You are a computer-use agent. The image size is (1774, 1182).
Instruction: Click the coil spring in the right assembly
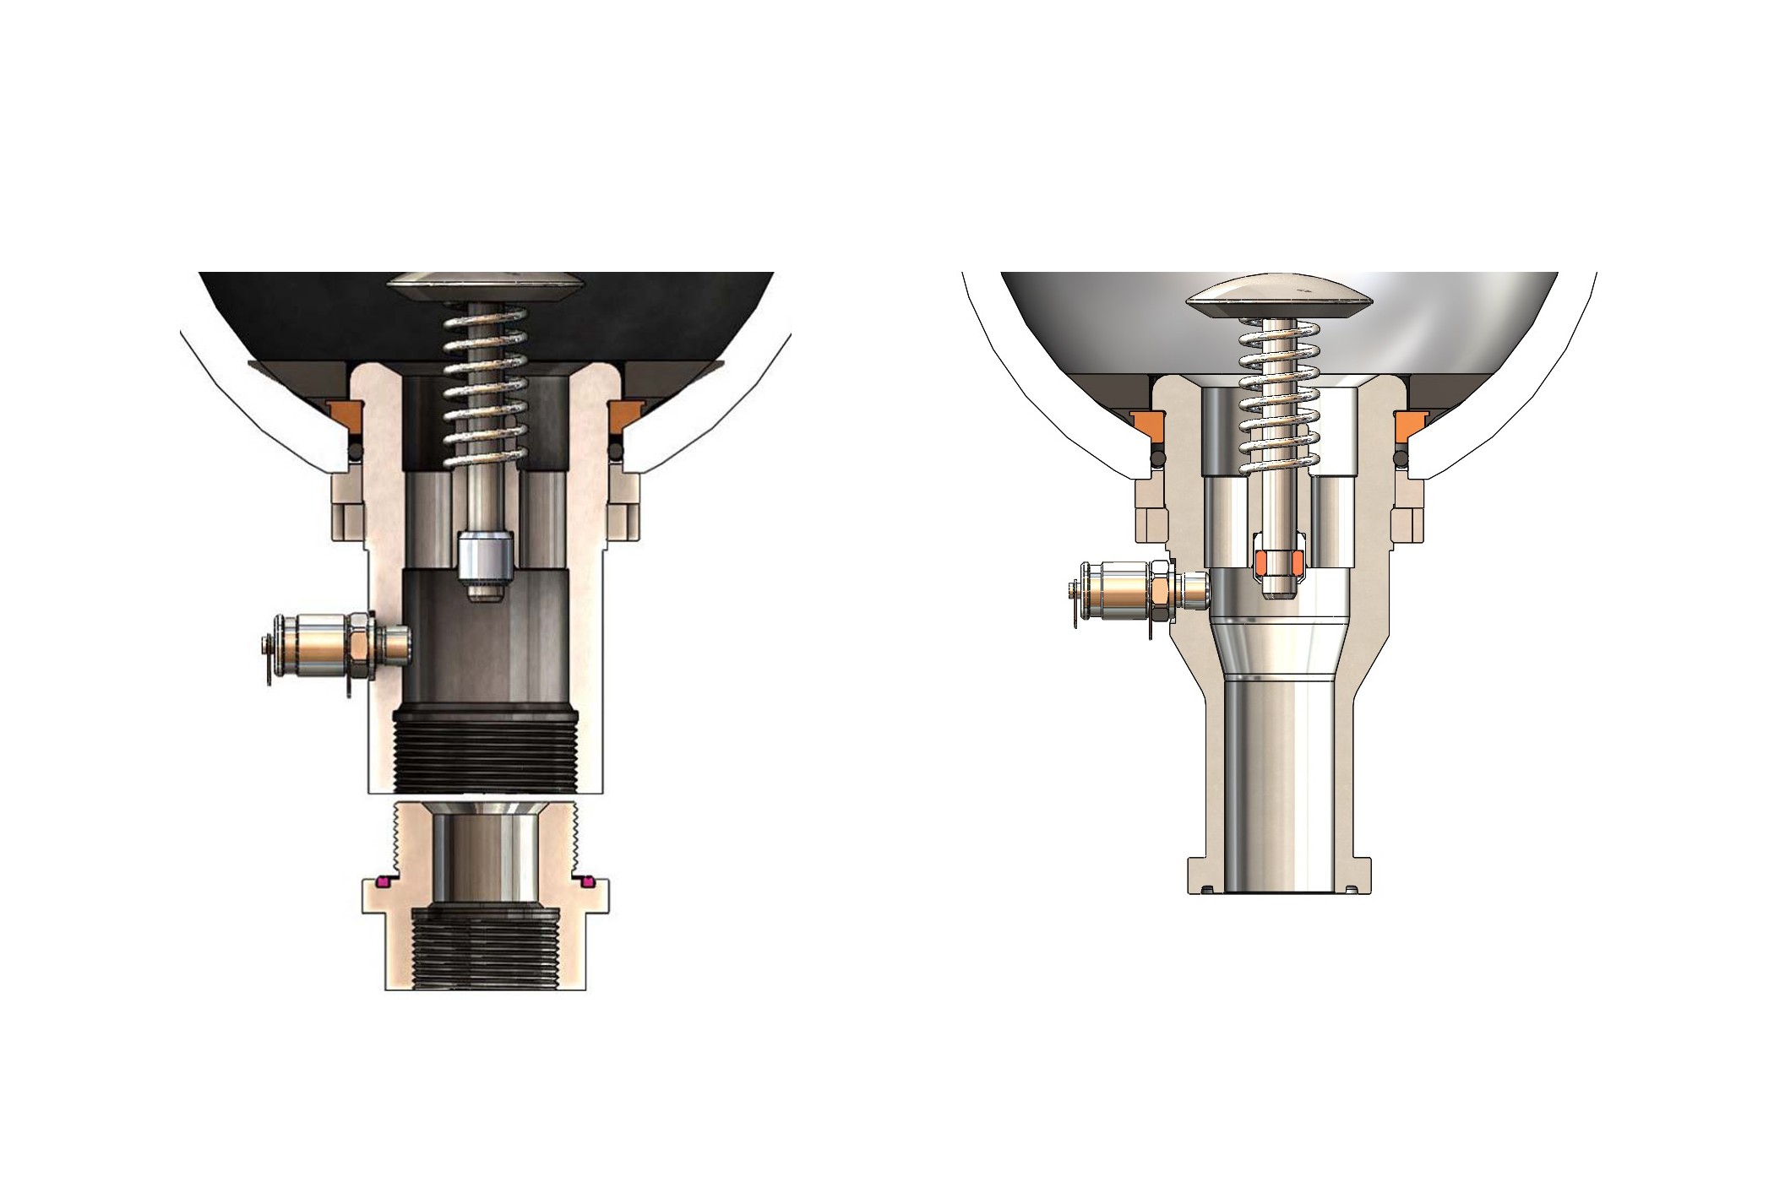pos(1278,397)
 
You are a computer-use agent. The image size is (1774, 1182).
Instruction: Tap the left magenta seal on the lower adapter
pos(382,882)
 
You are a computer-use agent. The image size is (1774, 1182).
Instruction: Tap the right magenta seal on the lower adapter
pos(586,882)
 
